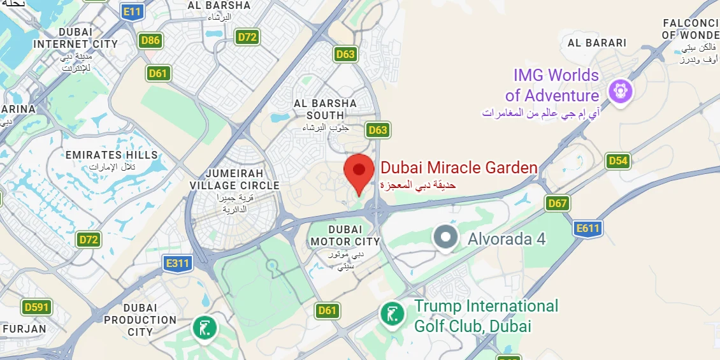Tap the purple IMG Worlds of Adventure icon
(x=619, y=90)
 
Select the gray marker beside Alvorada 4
(x=445, y=238)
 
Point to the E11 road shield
(x=133, y=11)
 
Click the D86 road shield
(x=150, y=41)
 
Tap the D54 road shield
(x=617, y=161)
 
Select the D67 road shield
(x=558, y=203)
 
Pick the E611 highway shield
(x=587, y=228)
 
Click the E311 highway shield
(x=177, y=263)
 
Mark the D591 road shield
(x=36, y=307)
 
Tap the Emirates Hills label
(x=112, y=155)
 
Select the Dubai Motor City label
(x=345, y=236)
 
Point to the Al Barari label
(x=597, y=43)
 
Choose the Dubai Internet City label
(x=75, y=38)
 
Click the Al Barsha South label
(x=326, y=109)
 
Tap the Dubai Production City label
(x=140, y=320)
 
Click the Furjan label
(x=24, y=329)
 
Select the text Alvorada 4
(x=507, y=240)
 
